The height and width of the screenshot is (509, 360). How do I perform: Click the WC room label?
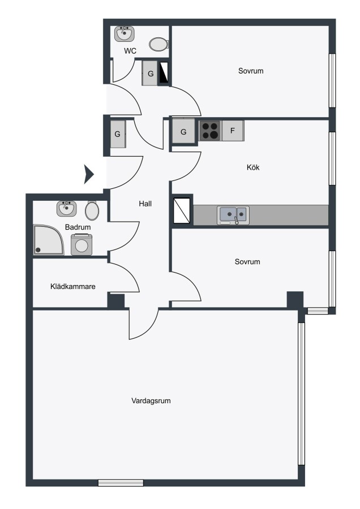[130, 51]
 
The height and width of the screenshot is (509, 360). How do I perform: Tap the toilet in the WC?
[158, 45]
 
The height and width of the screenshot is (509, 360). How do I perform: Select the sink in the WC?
[125, 34]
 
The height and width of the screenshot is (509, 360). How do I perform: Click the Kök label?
[253, 167]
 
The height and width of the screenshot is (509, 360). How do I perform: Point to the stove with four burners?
[209, 131]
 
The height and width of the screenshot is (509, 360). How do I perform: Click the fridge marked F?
[233, 131]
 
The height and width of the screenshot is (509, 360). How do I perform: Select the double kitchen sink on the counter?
[233, 215]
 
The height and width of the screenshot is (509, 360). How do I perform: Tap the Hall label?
[145, 204]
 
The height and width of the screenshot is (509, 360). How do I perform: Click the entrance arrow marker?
[89, 174]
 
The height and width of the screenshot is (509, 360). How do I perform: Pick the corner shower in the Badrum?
[49, 240]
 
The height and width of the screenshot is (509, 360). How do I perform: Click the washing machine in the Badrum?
[82, 245]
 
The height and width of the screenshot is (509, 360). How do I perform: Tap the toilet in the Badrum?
[92, 210]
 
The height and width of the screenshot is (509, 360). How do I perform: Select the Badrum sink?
[67, 209]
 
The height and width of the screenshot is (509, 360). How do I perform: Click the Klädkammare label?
[73, 286]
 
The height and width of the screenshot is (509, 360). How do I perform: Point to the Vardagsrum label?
[151, 400]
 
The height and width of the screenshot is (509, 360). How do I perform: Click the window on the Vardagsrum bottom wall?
[121, 483]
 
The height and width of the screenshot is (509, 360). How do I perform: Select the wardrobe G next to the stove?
[183, 131]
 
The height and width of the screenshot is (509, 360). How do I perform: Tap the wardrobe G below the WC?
[150, 74]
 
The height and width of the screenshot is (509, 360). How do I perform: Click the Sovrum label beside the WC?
[251, 71]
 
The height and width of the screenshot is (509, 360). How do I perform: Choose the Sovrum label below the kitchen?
[247, 262]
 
